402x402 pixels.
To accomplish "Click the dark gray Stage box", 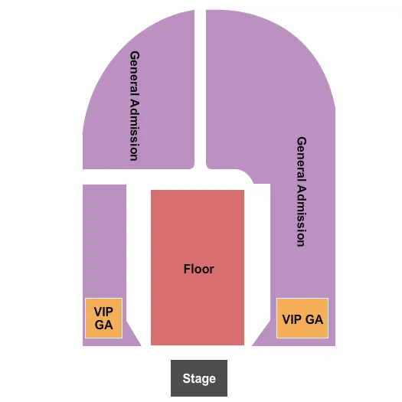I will click(198, 377).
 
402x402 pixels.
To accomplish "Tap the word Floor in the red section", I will click(198, 269).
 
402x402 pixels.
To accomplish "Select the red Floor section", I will click(198, 230).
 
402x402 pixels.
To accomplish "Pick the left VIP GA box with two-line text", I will click(103, 318).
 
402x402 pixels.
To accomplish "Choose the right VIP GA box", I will click(302, 319).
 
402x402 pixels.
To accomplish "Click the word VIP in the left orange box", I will click(103, 312).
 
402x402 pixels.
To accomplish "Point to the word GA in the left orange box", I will click(103, 325).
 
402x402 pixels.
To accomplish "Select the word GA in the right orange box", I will click(314, 319).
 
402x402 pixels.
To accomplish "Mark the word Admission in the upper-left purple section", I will click(134, 126).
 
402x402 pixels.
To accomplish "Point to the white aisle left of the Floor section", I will click(139, 253).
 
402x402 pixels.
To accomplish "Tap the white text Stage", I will click(199, 378).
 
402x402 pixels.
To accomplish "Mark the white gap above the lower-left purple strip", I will click(103, 176).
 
